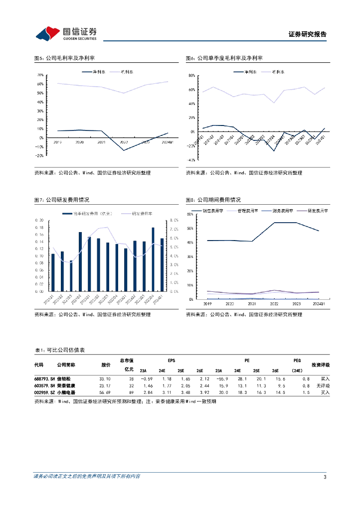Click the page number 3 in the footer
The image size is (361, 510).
(x=325, y=477)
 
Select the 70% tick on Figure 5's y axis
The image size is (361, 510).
(x=40, y=75)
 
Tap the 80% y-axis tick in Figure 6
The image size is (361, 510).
(x=191, y=76)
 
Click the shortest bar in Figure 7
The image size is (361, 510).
(x=71, y=276)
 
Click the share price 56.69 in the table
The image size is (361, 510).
(x=106, y=392)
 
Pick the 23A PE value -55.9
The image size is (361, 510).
(x=221, y=379)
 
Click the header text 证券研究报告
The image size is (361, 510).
(x=307, y=34)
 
